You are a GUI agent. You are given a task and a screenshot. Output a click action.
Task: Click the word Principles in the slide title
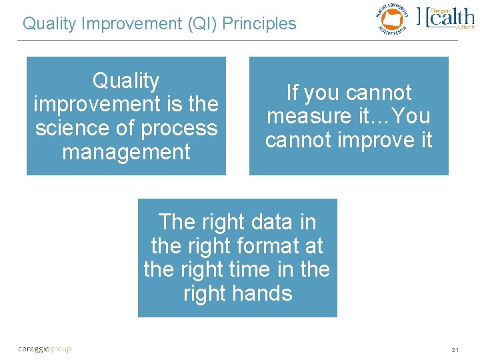tap(259, 24)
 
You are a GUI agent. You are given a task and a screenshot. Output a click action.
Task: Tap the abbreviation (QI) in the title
tap(198, 24)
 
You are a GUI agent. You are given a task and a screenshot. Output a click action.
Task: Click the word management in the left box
tap(126, 152)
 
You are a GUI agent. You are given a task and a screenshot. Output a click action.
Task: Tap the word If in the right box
tap(293, 93)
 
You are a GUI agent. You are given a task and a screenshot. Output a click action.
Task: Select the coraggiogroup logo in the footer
tap(44, 349)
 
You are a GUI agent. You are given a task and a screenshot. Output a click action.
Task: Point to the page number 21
tap(455, 349)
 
